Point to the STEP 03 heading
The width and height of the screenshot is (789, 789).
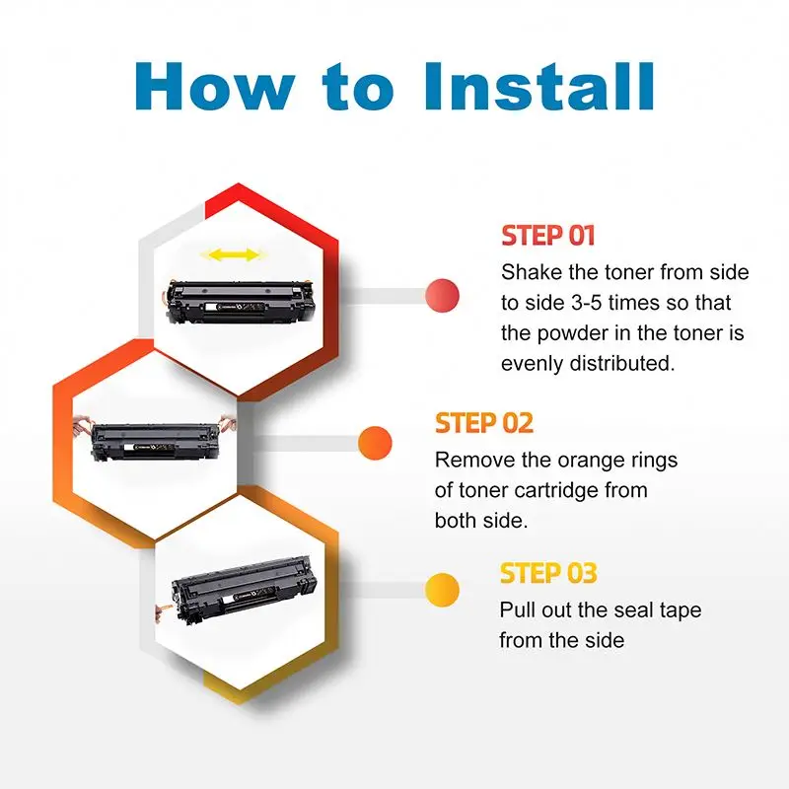click(548, 573)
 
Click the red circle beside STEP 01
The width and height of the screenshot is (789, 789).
click(443, 294)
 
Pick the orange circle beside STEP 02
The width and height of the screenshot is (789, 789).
click(375, 443)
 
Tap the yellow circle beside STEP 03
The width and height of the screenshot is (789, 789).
click(441, 591)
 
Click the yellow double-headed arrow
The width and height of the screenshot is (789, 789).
click(230, 255)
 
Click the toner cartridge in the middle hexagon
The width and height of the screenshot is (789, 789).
click(155, 440)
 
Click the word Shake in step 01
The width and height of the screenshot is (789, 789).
click(530, 271)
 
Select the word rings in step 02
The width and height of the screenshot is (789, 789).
click(651, 460)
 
